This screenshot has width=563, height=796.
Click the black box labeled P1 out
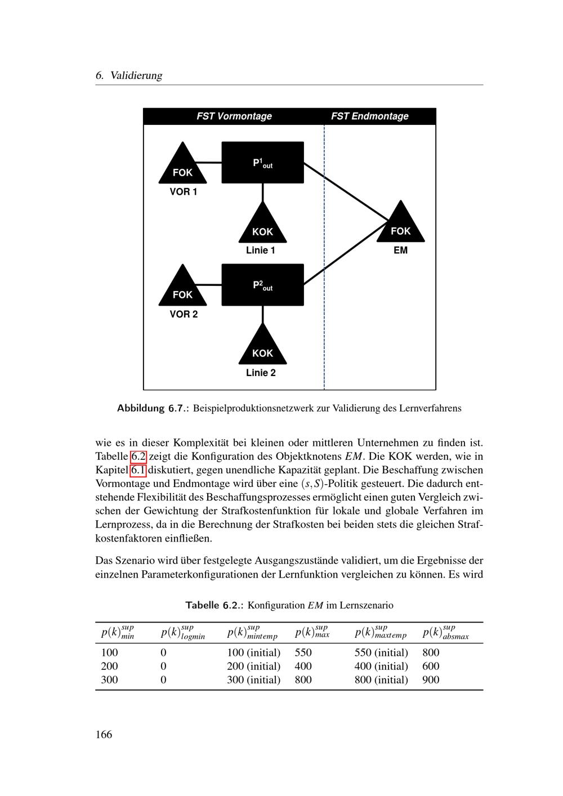pyautogui.click(x=262, y=163)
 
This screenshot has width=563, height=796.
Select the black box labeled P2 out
pyautogui.click(x=262, y=285)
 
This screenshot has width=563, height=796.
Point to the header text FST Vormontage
pyautogui.click(x=234, y=117)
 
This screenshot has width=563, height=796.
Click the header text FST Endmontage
pyautogui.click(x=369, y=117)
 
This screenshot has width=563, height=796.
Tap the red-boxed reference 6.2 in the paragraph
pyautogui.click(x=138, y=456)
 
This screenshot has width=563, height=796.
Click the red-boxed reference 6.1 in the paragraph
pyautogui.click(x=138, y=470)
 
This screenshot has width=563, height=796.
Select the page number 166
pyautogui.click(x=104, y=734)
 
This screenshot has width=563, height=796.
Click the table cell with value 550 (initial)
pyautogui.click(x=381, y=652)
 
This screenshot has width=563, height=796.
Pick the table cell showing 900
pyautogui.click(x=431, y=679)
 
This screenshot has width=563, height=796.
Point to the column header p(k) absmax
pyautogui.click(x=445, y=633)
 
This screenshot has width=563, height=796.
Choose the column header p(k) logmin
pyautogui.click(x=183, y=633)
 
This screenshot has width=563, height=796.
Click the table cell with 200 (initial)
pyautogui.click(x=253, y=666)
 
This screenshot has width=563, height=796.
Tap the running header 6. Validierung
pyautogui.click(x=129, y=75)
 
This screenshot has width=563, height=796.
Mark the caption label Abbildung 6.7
pyautogui.click(x=151, y=408)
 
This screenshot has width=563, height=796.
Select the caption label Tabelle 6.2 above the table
pyautogui.click(x=214, y=605)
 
